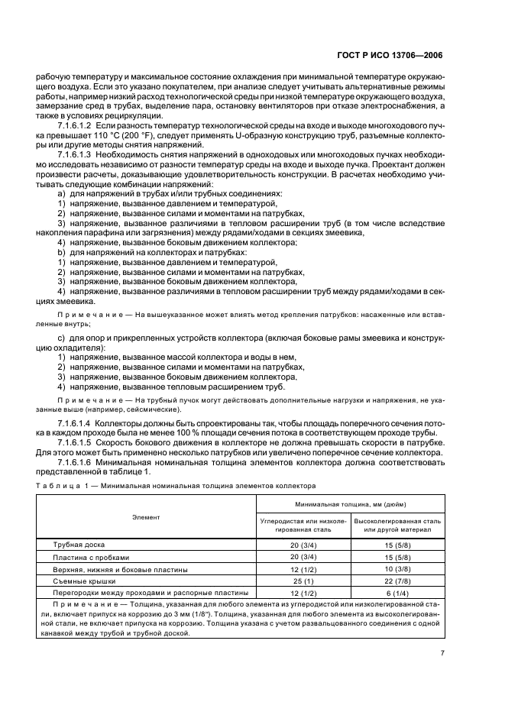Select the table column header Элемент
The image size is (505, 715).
coord(146,517)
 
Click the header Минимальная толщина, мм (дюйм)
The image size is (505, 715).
coord(348,505)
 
